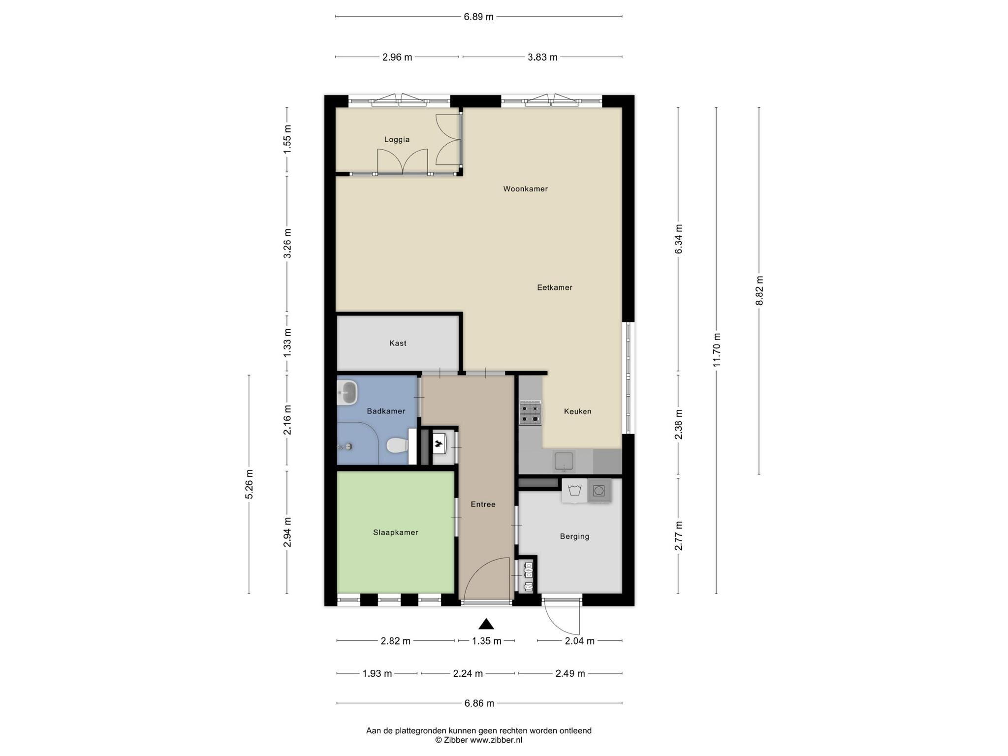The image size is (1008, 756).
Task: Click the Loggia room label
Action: [x=397, y=139]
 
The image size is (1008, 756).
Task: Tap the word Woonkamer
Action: [x=525, y=189]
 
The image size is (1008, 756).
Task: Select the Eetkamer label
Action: [x=554, y=287]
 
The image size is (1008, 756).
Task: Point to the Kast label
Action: [x=398, y=343]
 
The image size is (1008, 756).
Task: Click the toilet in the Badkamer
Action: [x=397, y=445]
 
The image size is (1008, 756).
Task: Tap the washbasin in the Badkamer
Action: [x=347, y=393]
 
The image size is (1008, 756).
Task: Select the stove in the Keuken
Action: [x=530, y=412]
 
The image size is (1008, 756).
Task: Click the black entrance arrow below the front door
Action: [x=486, y=624]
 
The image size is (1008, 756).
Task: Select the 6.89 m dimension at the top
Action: [x=478, y=17]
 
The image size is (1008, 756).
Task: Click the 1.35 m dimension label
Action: [x=486, y=641]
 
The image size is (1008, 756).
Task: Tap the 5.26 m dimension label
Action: [x=249, y=484]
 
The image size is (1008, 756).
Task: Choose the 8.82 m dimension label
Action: [x=759, y=290]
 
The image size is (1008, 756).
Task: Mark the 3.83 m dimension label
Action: [x=542, y=57]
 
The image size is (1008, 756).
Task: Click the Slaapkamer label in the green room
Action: [x=396, y=532]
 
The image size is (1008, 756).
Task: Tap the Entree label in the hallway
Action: [x=483, y=504]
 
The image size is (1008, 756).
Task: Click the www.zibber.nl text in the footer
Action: [x=496, y=740]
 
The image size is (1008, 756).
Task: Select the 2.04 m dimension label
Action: [x=580, y=641]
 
